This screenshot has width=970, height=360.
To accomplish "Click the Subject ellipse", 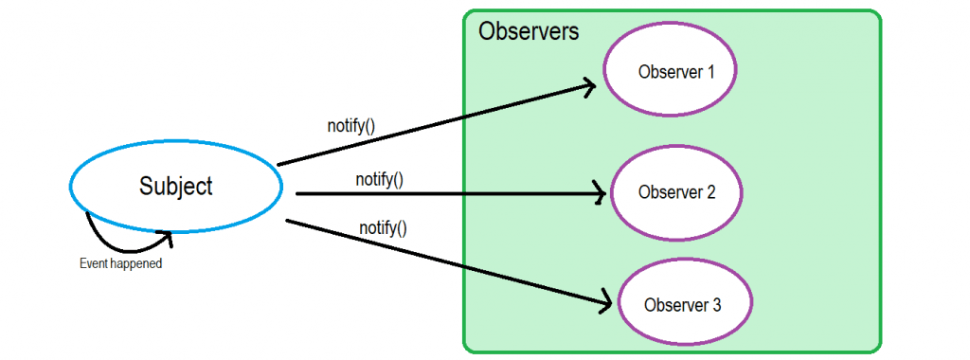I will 176,187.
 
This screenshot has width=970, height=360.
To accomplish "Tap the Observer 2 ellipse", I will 676,192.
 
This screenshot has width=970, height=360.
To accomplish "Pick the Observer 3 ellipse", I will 683,305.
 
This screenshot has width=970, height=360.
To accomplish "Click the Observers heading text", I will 529,31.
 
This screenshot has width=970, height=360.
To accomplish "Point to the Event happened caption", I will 120,264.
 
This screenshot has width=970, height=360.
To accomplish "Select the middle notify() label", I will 380,179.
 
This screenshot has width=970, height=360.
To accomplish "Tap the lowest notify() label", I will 383,227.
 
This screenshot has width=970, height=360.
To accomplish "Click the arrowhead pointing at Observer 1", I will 590,87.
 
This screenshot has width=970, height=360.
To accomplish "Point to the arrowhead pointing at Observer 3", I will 606,304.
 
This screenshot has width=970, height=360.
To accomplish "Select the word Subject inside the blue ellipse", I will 176,186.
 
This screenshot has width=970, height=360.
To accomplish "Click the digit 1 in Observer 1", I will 710,72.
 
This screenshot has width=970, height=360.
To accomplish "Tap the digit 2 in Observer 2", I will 711,192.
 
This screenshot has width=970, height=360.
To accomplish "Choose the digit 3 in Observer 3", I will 717,305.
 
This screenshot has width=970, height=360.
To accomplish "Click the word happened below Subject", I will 136,264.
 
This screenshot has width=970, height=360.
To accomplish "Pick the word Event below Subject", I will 93,264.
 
